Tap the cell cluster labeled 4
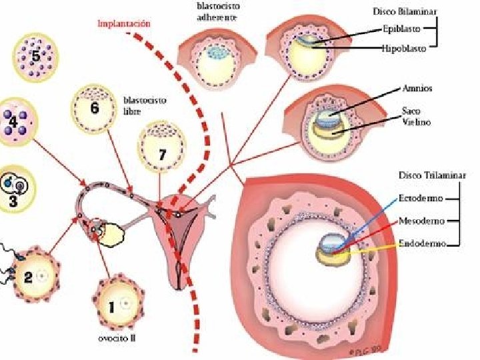pos(15,123)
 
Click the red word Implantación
pos(124,24)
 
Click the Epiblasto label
pos(401,29)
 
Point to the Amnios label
pos(418,88)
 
